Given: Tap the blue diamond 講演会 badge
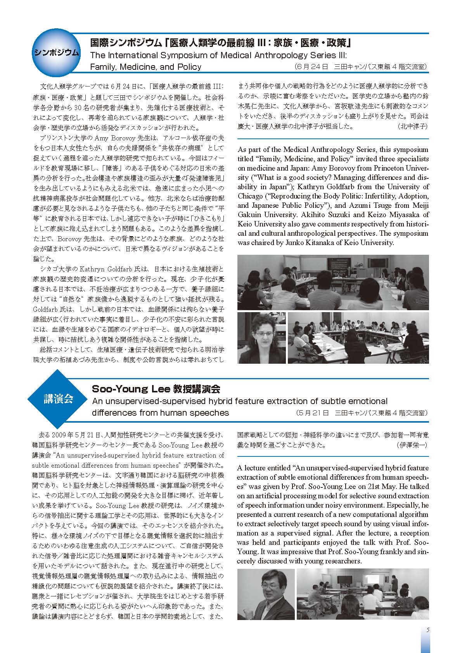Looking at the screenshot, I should (x=58, y=400).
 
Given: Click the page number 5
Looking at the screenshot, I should (x=427, y=630).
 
